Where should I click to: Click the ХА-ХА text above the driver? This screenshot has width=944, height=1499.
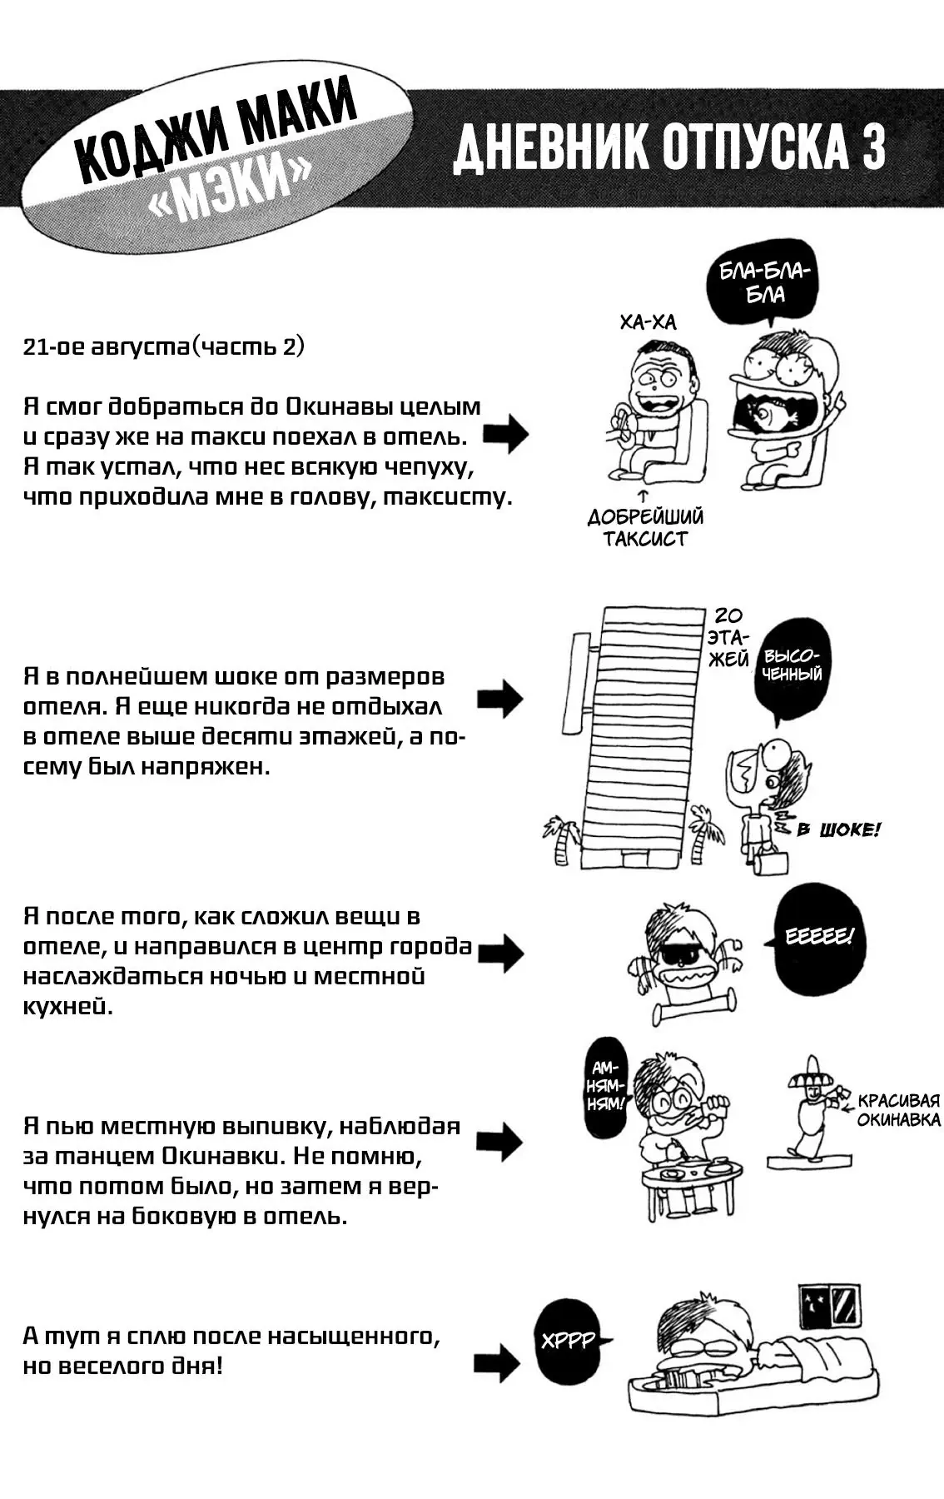pyautogui.click(x=648, y=322)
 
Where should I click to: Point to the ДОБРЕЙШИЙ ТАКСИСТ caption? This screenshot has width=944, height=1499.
pyautogui.click(x=645, y=527)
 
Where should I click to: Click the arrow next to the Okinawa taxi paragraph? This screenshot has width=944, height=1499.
pyautogui.click(x=504, y=434)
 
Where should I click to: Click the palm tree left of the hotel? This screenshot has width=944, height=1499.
pyautogui.click(x=562, y=838)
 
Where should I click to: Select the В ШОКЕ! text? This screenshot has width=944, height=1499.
pyautogui.click(x=837, y=829)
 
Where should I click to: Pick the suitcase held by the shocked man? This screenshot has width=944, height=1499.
pyautogui.click(x=769, y=861)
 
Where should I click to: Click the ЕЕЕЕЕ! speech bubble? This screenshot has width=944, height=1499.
pyautogui.click(x=819, y=938)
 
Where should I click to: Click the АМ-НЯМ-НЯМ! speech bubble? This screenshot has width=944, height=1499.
pyautogui.click(x=605, y=1086)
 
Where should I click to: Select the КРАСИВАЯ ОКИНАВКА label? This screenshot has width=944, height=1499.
pyautogui.click(x=898, y=1110)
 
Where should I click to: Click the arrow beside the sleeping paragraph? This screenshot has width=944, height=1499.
pyautogui.click(x=497, y=1363)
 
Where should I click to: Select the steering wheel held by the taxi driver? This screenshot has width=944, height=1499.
pyautogui.click(x=620, y=422)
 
